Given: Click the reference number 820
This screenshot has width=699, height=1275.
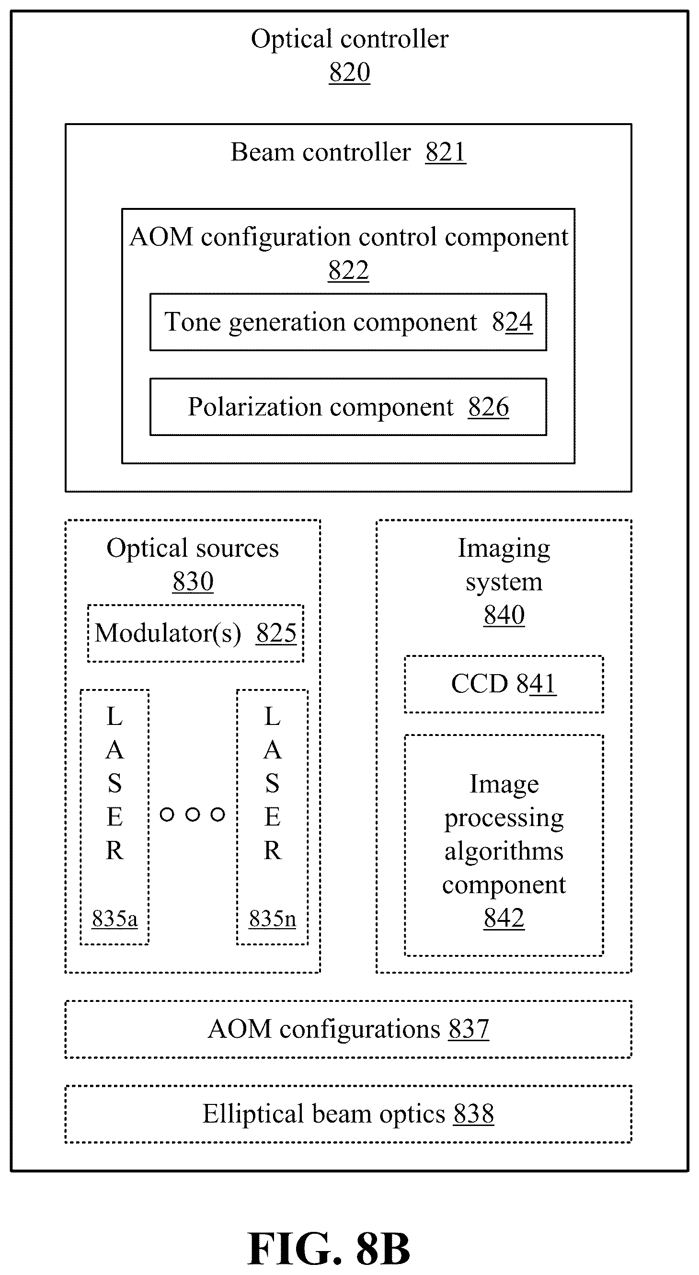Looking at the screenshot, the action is click(x=350, y=72).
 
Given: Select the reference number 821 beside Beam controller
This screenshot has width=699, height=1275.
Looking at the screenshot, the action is click(x=446, y=152).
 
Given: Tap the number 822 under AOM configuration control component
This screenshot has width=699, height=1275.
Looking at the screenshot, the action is click(x=348, y=270).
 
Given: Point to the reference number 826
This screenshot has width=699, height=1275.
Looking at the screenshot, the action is click(x=489, y=407).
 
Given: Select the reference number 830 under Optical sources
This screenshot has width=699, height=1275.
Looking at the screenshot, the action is click(x=193, y=581).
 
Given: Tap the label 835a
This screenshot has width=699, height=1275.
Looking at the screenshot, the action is click(x=115, y=919).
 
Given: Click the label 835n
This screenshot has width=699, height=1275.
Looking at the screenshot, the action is click(x=272, y=919).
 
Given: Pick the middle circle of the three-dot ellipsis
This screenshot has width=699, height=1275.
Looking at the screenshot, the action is click(x=193, y=814).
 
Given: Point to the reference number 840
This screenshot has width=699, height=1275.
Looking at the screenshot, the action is click(x=504, y=615).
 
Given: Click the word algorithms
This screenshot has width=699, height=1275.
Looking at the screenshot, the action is click(x=504, y=852).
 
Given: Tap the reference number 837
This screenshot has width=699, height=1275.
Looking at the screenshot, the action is click(x=469, y=1029).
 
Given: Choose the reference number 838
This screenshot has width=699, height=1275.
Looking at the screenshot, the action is click(x=474, y=1114).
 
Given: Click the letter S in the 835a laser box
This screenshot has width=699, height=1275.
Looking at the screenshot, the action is click(x=115, y=783).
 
